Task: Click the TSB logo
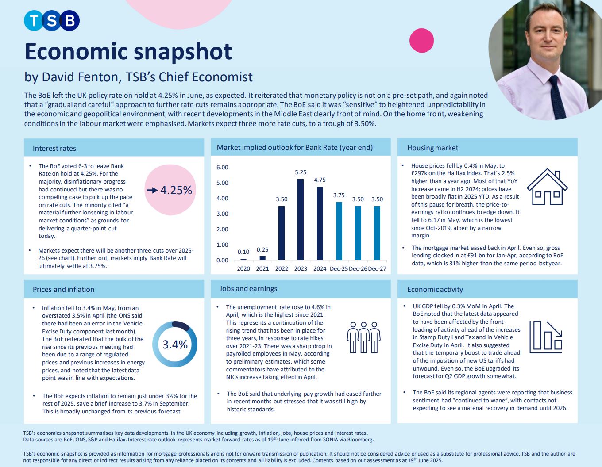click(52, 20)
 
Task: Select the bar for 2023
click(301, 219)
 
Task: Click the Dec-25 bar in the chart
click(339, 231)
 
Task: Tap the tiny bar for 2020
click(243, 259)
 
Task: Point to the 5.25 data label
click(301, 172)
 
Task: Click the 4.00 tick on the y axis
click(222, 199)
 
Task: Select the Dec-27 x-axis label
click(377, 268)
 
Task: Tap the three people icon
click(364, 337)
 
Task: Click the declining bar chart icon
click(546, 337)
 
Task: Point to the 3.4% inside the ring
click(175, 345)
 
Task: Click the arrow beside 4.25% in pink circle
click(152, 190)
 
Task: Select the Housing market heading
click(432, 148)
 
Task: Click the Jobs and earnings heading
click(248, 288)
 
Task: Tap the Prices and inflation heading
click(63, 289)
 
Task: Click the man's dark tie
click(556, 96)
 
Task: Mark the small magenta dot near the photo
click(421, 40)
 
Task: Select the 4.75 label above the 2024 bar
click(320, 180)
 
